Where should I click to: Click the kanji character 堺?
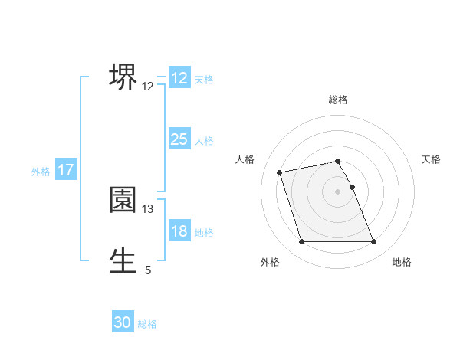click(123, 77)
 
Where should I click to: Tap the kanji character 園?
click(123, 200)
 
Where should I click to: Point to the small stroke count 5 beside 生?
click(148, 270)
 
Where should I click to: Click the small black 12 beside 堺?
click(148, 87)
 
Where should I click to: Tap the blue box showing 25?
click(179, 139)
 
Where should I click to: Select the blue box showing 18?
click(179, 231)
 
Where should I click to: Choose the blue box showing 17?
click(66, 171)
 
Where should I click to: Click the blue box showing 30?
click(123, 323)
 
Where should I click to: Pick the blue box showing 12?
click(179, 78)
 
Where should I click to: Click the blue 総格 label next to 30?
click(147, 324)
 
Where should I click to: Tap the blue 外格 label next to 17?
click(41, 172)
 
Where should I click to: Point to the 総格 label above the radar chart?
click(338, 100)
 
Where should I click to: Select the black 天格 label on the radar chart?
click(431, 159)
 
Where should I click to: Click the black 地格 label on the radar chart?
click(402, 263)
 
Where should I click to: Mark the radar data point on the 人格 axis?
click(280, 172)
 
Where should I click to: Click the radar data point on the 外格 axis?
click(301, 242)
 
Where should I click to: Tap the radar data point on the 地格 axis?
click(373, 242)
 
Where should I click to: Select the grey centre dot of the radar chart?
click(338, 191)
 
